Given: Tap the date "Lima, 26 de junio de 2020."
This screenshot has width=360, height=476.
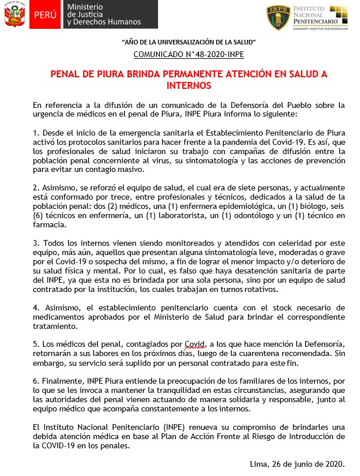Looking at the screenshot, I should point(298,463).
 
